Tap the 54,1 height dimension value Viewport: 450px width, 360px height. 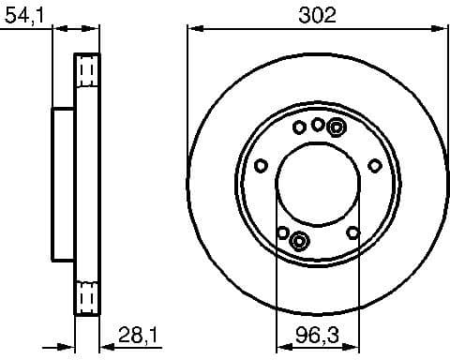[x=22, y=15]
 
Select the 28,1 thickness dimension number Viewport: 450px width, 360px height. [x=136, y=335]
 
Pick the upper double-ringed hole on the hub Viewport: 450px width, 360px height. [x=337, y=127]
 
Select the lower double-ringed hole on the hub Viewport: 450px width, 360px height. [x=299, y=241]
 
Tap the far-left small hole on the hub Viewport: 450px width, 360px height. [x=261, y=166]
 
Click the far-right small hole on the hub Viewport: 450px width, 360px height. [x=375, y=166]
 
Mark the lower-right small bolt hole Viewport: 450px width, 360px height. [x=352, y=232]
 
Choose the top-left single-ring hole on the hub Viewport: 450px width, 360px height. [x=299, y=127]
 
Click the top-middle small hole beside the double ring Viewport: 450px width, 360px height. [x=319, y=124]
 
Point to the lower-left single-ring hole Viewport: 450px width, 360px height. [x=282, y=232]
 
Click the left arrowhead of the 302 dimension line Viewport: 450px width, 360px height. [x=194, y=28]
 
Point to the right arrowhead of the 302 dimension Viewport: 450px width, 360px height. [x=442, y=28]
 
